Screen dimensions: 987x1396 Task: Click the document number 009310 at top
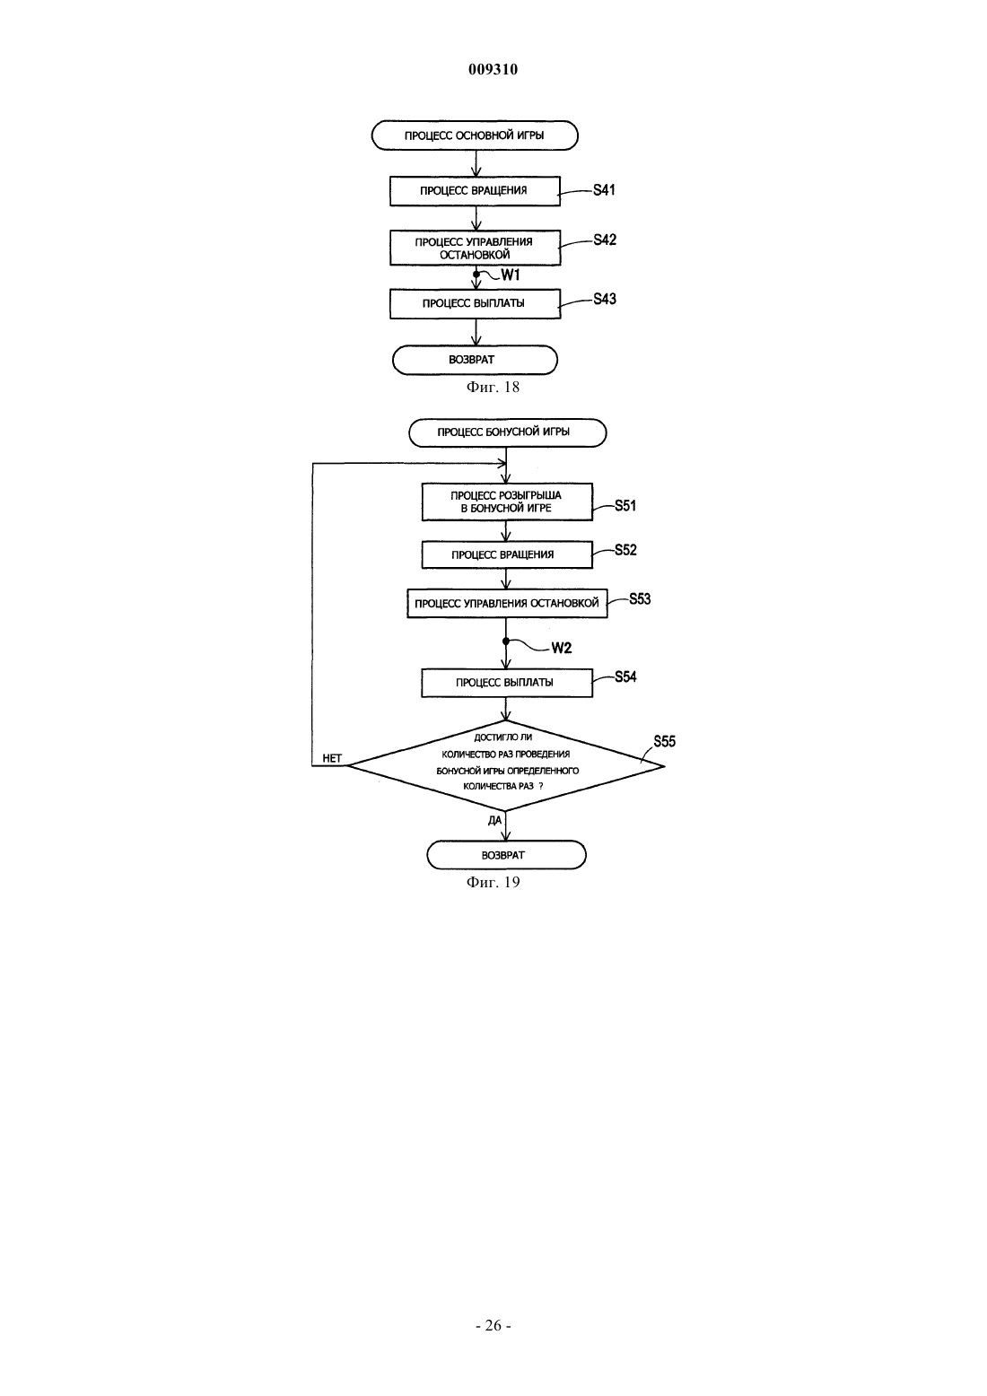tap(493, 69)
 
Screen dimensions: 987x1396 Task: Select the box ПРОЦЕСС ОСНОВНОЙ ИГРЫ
tap(475, 135)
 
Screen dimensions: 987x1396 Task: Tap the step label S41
tap(604, 190)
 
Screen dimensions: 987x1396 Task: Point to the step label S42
tap(605, 240)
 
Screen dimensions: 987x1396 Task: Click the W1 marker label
tap(511, 275)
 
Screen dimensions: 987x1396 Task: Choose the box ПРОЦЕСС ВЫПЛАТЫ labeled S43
tap(475, 303)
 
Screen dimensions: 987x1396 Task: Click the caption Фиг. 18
tap(493, 387)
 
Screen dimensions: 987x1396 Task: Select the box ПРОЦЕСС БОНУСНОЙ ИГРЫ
tap(507, 432)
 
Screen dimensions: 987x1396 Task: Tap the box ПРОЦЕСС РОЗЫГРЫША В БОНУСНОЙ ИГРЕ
tap(507, 502)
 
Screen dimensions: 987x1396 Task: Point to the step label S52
tap(625, 550)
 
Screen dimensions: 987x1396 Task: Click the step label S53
tap(640, 599)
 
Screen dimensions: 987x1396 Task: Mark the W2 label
tap(562, 648)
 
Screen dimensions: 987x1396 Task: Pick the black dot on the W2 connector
tap(506, 641)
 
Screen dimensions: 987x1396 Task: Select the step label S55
tap(664, 741)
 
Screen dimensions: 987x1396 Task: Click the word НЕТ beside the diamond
tap(332, 758)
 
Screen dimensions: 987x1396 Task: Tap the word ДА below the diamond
tap(494, 821)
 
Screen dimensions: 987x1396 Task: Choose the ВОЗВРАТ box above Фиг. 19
tap(506, 855)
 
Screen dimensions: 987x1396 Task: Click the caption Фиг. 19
tap(493, 882)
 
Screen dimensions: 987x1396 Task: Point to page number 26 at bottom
tap(493, 1325)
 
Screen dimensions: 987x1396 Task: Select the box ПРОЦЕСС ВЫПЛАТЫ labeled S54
tap(507, 683)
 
